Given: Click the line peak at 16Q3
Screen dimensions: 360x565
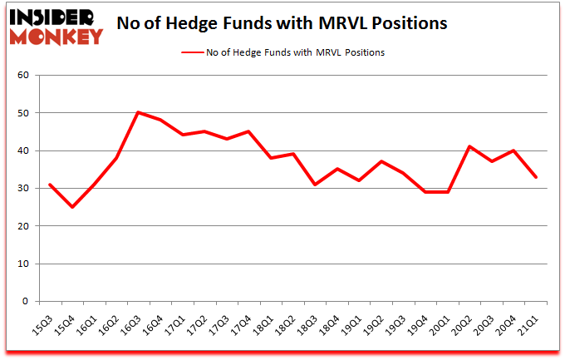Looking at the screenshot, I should point(138,112).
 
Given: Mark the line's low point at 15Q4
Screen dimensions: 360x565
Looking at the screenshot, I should point(71,207).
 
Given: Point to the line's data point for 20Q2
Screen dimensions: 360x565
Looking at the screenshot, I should point(470,146).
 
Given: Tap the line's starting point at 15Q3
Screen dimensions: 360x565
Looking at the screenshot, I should point(49,185).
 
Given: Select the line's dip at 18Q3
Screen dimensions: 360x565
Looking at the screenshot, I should point(315,185).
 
